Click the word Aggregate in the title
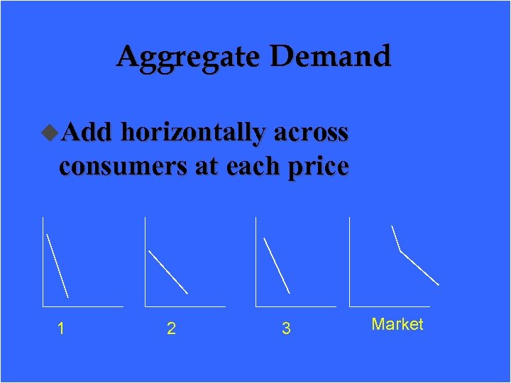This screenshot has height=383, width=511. pyautogui.click(x=189, y=57)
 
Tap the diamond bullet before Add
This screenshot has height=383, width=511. pyautogui.click(x=50, y=131)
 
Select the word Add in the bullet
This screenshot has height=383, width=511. pyautogui.click(x=87, y=132)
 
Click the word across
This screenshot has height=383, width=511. pyautogui.click(x=311, y=133)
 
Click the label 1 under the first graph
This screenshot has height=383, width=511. pyautogui.click(x=62, y=328)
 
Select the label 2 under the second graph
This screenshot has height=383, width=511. pyautogui.click(x=171, y=328)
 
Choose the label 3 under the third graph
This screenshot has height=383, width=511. pyautogui.click(x=286, y=328)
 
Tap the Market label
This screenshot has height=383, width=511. pyautogui.click(x=397, y=325)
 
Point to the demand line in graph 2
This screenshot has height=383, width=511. pyautogui.click(x=168, y=272)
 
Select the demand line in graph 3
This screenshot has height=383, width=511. pyautogui.click(x=277, y=265)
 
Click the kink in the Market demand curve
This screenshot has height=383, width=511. pyautogui.click(x=400, y=251)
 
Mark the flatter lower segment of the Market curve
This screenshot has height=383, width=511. pyautogui.click(x=420, y=268)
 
